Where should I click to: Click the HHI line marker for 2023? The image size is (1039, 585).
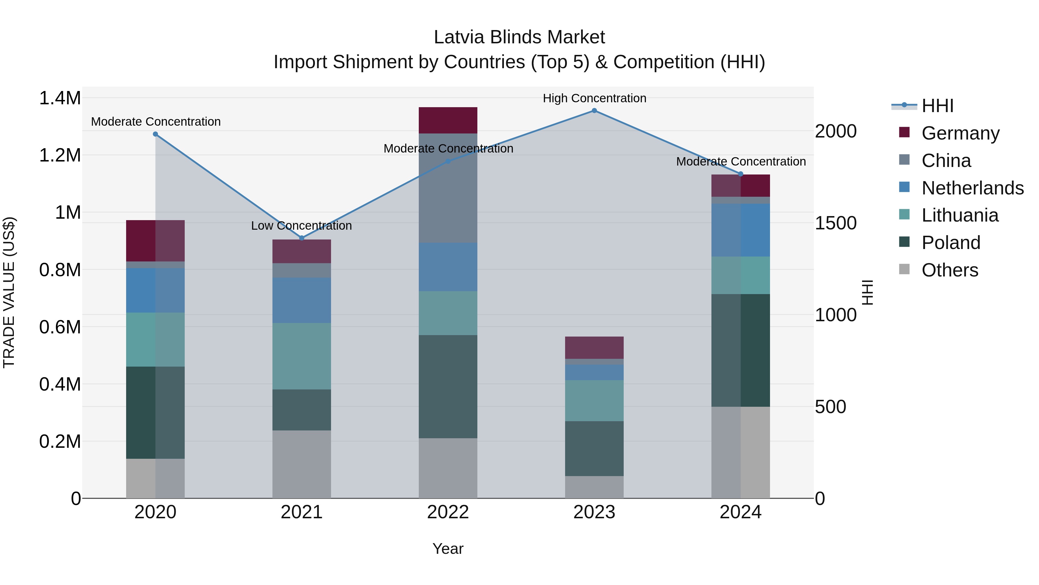point(594,111)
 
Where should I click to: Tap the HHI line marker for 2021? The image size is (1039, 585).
point(302,238)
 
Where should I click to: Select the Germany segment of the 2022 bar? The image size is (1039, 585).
point(448,120)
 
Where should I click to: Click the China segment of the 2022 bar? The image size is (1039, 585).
point(448,188)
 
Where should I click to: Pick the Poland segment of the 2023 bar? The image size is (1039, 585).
point(594,449)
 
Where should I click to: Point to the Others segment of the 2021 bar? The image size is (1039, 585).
point(302,464)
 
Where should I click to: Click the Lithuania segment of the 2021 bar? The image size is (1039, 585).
point(302,356)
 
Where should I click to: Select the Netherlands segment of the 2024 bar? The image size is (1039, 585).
point(741,230)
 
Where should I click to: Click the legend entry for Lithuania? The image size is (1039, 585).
point(960,216)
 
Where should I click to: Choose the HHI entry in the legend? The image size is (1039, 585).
point(937,106)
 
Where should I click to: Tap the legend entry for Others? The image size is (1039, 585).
point(950,270)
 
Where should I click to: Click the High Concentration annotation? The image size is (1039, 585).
point(595,99)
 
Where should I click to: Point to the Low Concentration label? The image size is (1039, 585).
point(301,226)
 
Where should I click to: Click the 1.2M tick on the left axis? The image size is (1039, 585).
point(60,155)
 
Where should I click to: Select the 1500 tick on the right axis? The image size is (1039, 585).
point(836,223)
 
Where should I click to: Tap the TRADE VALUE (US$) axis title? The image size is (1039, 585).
point(9,292)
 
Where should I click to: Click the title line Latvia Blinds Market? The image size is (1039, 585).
point(519,38)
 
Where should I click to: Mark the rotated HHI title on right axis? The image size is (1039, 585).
point(867,292)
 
